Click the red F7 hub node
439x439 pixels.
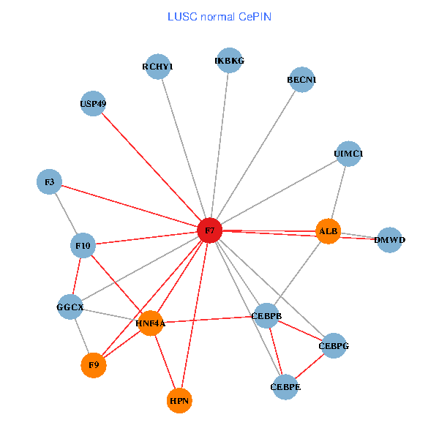click(x=210, y=230)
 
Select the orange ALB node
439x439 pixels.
click(x=328, y=231)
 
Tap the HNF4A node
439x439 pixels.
click(x=150, y=323)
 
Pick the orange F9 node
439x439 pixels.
click(x=94, y=364)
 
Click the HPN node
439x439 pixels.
click(x=179, y=400)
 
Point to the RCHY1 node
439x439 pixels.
click(x=158, y=67)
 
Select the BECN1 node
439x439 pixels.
click(x=301, y=80)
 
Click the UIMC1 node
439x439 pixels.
click(x=348, y=154)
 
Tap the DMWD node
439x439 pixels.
click(x=389, y=240)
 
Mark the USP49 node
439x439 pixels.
click(x=94, y=104)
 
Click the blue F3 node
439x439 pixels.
click(x=50, y=181)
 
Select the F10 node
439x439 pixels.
click(x=83, y=246)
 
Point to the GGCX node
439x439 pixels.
click(x=70, y=307)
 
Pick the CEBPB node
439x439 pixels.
click(x=266, y=316)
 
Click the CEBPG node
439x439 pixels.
click(x=333, y=345)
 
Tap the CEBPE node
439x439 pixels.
click(x=285, y=386)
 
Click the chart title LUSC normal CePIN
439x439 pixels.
click(x=219, y=16)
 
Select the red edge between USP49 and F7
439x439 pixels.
click(x=151, y=167)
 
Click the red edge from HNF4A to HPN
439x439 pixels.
click(x=165, y=361)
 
